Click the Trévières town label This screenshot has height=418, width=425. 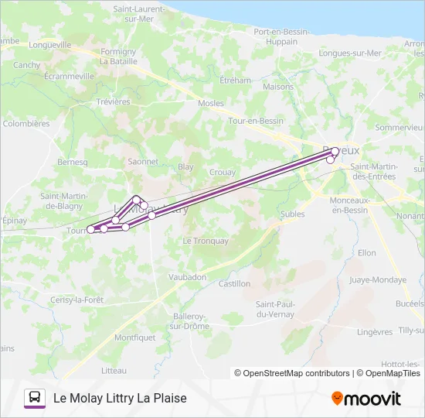[x=114, y=101]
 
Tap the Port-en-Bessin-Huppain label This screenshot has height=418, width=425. [x=281, y=36]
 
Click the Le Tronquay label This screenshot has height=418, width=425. [x=206, y=241]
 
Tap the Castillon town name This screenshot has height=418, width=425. [x=234, y=284]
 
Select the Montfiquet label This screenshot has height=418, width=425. [x=134, y=337]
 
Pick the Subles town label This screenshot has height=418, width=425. [x=293, y=214]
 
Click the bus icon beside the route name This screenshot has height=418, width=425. [x=35, y=398]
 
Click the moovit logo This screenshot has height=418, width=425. [x=366, y=399]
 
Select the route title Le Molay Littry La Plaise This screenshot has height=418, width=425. [x=120, y=399]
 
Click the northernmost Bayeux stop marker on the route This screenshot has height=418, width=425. [x=335, y=152]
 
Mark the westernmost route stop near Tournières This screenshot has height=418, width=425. [x=91, y=229]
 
